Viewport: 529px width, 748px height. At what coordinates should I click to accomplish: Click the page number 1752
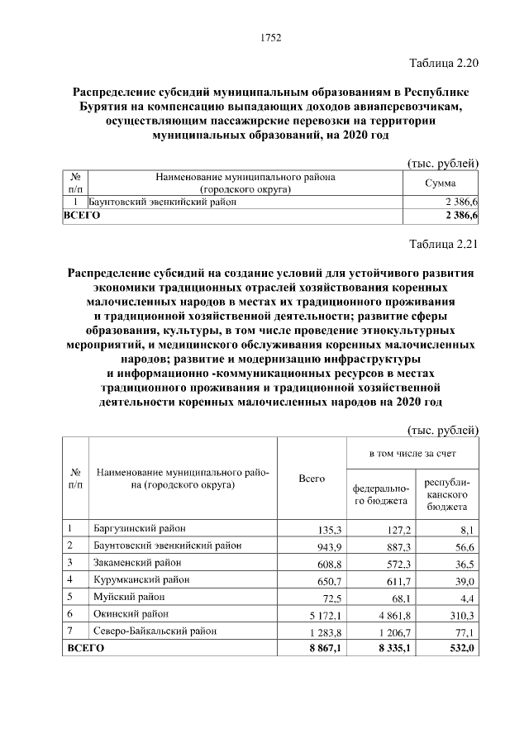pyautogui.click(x=271, y=37)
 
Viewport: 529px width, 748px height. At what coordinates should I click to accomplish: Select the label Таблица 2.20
pyautogui.click(x=445, y=63)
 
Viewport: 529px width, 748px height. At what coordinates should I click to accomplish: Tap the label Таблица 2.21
pyautogui.click(x=445, y=244)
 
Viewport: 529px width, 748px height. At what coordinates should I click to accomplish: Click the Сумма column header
pyautogui.click(x=441, y=183)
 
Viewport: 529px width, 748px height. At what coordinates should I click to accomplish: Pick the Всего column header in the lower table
pyautogui.click(x=311, y=479)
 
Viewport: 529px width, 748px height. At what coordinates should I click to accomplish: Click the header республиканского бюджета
pyautogui.click(x=447, y=493)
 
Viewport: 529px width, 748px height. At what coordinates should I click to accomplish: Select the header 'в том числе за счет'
pyautogui.click(x=412, y=454)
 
